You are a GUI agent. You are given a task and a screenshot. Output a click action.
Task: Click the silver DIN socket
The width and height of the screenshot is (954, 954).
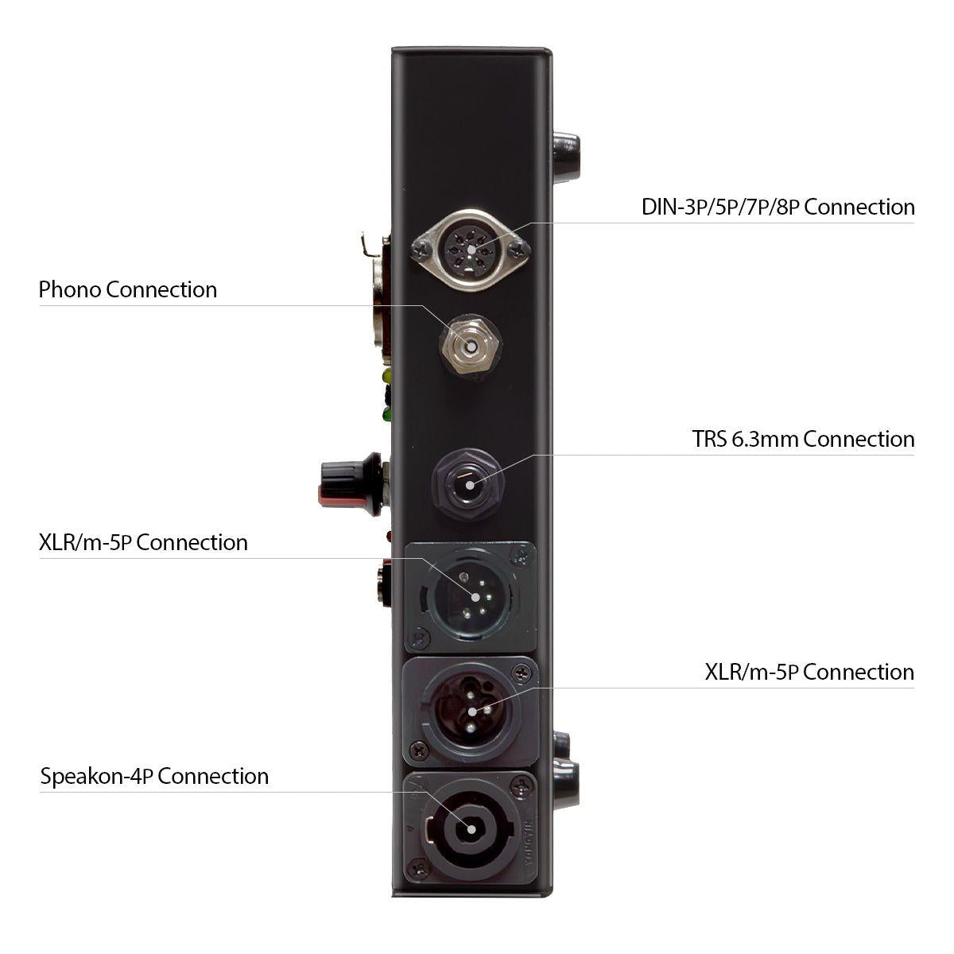[471, 250]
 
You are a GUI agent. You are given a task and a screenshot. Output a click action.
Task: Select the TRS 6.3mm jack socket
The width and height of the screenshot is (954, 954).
[469, 484]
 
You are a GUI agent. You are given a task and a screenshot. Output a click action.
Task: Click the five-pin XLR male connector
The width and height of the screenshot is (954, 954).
[471, 597]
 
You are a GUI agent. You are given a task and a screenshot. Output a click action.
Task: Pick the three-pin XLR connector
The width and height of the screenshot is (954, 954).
[471, 712]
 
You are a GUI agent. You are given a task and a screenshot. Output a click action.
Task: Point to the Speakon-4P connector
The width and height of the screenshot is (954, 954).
[470, 828]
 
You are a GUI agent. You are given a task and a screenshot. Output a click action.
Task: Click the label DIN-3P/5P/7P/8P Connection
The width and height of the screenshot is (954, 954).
[778, 207]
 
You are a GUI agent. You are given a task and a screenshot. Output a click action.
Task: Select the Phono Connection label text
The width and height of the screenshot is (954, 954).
[128, 289]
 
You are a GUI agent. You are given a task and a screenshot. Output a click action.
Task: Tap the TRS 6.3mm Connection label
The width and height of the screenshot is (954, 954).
[803, 439]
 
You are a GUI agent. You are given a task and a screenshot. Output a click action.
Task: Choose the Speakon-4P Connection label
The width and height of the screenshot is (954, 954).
[154, 776]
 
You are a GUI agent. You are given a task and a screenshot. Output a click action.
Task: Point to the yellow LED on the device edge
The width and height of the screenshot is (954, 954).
[386, 375]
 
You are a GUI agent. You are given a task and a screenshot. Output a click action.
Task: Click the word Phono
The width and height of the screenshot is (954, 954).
[69, 289]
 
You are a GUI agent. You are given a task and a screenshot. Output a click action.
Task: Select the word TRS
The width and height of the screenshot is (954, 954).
[709, 439]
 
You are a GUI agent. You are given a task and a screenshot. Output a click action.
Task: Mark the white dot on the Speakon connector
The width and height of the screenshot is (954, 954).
[471, 829]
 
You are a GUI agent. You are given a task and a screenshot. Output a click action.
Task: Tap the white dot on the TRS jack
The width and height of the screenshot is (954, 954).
[470, 485]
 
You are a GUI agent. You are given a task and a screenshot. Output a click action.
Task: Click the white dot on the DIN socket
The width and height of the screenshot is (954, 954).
[471, 250]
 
